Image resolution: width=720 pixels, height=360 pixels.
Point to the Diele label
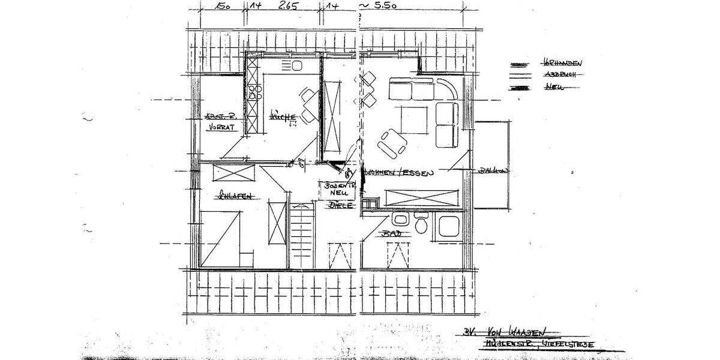340,205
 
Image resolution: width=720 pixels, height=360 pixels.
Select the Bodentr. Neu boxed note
340,190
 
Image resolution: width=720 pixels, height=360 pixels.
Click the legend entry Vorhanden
562,62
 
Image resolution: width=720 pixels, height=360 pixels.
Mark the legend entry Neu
553,88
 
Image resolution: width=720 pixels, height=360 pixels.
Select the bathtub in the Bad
449,227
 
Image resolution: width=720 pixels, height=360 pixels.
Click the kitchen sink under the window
296,65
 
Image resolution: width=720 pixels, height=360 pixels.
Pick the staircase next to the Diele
302,234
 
